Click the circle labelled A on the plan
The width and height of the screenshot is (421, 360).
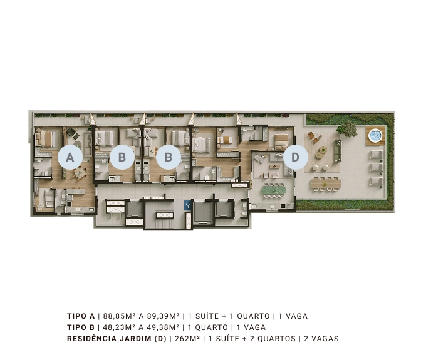pyautogui.click(x=70, y=157)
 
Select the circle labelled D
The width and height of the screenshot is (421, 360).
pyautogui.click(x=295, y=157)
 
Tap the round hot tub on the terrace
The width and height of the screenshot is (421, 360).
pyautogui.click(x=375, y=136)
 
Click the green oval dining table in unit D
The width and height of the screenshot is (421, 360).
pyautogui.click(x=274, y=191)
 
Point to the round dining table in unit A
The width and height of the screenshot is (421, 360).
pyautogui.click(x=80, y=173)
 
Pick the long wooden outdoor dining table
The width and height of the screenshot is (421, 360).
pyautogui.click(x=326, y=184)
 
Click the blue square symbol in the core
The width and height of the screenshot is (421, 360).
pyautogui.click(x=188, y=205)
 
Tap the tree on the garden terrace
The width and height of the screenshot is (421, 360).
pyautogui.click(x=348, y=128)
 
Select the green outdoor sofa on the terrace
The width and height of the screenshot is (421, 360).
pyautogui.click(x=338, y=151)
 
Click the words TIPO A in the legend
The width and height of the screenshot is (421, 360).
pyautogui.click(x=81, y=316)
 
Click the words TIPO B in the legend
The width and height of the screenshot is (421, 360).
pyautogui.click(x=81, y=327)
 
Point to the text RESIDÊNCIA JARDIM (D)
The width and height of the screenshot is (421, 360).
pyautogui.click(x=117, y=339)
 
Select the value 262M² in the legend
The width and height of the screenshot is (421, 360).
pyautogui.click(x=187, y=339)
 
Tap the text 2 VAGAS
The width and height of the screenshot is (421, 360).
pyautogui.click(x=321, y=339)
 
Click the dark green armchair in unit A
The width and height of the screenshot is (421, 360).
pyautogui.click(x=71, y=132)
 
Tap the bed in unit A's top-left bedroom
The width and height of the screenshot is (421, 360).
pyautogui.click(x=45, y=139)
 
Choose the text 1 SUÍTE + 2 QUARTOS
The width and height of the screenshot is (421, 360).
pyautogui.click(x=252, y=339)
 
